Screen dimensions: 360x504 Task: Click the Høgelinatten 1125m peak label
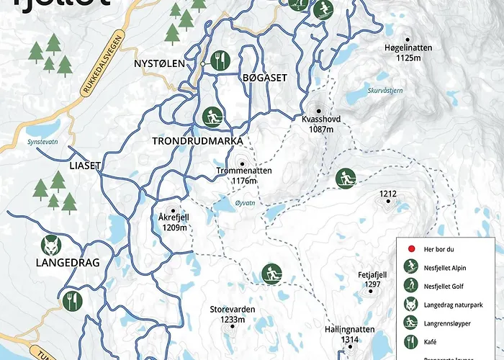pyautogui.click(x=408, y=53)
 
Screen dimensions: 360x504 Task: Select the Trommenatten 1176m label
pyautogui.click(x=245, y=175)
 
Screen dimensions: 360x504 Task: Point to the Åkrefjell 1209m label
pyautogui.click(x=173, y=221)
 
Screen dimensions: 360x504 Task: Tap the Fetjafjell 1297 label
pyautogui.click(x=372, y=279)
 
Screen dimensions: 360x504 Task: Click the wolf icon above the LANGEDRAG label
pyautogui.click(x=51, y=245)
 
